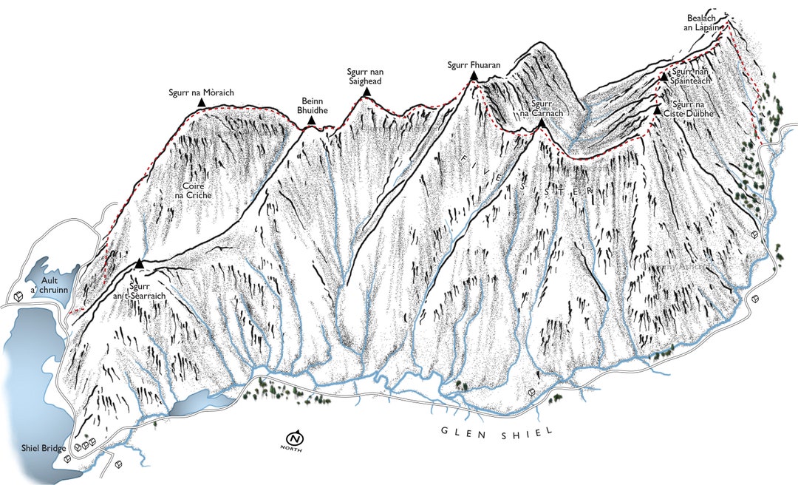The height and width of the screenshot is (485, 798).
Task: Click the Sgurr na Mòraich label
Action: point(201,92)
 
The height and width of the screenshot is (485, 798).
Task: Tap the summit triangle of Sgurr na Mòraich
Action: point(201,104)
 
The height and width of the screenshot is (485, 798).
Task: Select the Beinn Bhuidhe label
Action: point(312,105)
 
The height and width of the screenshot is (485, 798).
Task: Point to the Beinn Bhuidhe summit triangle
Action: point(312,120)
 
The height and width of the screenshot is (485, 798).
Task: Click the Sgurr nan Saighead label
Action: point(365,76)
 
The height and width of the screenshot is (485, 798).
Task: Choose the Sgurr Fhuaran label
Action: point(474,65)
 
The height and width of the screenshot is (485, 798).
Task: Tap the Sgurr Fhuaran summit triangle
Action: point(474,76)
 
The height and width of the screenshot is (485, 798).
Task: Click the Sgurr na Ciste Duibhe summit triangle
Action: point(657,110)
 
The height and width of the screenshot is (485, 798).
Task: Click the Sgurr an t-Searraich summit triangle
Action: point(139,263)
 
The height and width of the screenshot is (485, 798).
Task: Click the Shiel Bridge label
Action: point(43,449)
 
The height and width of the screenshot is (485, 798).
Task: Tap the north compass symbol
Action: point(297,437)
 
